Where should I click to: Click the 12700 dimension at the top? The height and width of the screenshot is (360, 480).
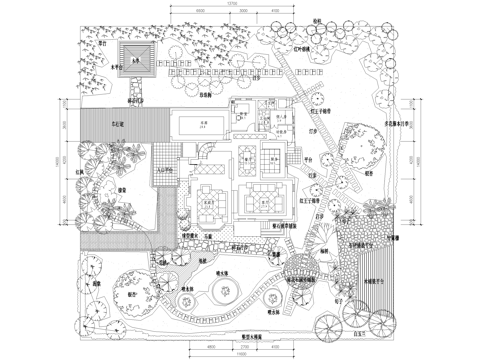coord(231,6)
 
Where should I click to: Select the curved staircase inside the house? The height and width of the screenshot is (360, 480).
coord(204,153)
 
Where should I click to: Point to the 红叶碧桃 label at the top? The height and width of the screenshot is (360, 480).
coord(298,49)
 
